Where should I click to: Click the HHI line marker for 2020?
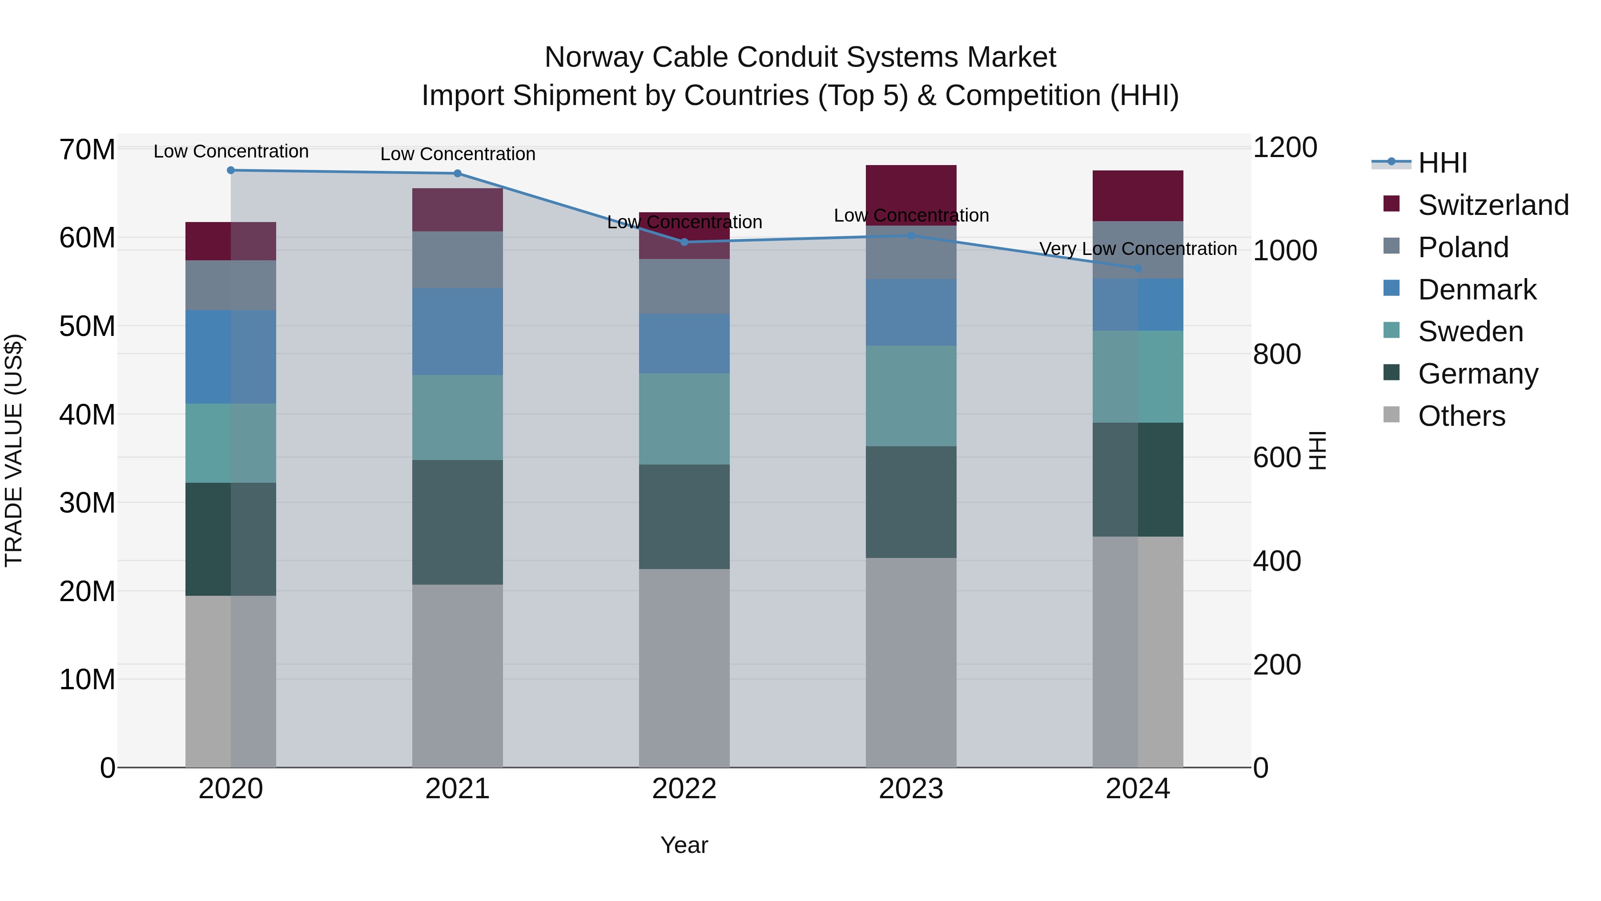[230, 170]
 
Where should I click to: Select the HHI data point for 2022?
[684, 242]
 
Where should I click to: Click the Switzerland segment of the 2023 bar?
[911, 194]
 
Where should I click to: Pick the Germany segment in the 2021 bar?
[458, 522]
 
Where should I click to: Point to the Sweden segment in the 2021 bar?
[458, 417]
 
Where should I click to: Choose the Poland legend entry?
[1463, 247]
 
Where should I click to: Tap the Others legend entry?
[1461, 416]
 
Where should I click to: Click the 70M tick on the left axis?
[87, 150]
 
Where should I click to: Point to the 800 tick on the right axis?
[1276, 355]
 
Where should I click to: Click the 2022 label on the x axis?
[684, 789]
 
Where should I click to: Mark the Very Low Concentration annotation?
[1138, 249]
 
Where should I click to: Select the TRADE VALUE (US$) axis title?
[14, 450]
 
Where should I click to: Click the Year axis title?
[684, 845]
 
